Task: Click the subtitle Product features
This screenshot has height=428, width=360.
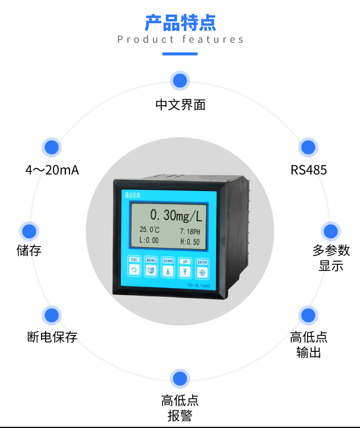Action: point(180,40)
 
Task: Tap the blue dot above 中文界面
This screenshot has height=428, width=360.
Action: point(180,81)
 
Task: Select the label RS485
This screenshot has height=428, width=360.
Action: point(309,170)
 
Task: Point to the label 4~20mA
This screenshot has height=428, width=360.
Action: point(52,170)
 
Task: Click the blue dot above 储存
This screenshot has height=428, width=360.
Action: point(29,231)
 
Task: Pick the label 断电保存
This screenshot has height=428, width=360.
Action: point(52,337)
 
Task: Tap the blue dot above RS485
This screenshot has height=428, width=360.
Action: point(308,147)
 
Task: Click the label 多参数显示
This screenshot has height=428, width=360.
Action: point(331,258)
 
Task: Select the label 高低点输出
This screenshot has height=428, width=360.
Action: point(309,345)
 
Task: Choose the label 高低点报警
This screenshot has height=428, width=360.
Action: point(180,408)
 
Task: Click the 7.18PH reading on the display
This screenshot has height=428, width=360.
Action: point(190,231)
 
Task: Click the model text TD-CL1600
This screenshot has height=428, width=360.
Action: point(198,286)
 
